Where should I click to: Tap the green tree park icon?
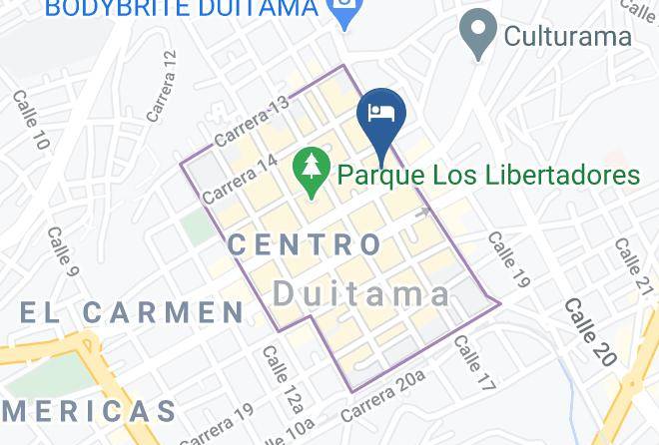[313, 172]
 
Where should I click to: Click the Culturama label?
[567, 37]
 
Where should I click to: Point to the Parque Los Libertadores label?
[488, 176]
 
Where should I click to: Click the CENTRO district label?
[305, 243]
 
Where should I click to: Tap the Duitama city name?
[362, 292]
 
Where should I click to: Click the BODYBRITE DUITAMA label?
[182, 9]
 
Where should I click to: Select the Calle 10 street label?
[30, 122]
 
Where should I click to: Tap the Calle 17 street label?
[474, 362]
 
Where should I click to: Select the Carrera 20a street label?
[382, 395]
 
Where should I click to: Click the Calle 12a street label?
[281, 376]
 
